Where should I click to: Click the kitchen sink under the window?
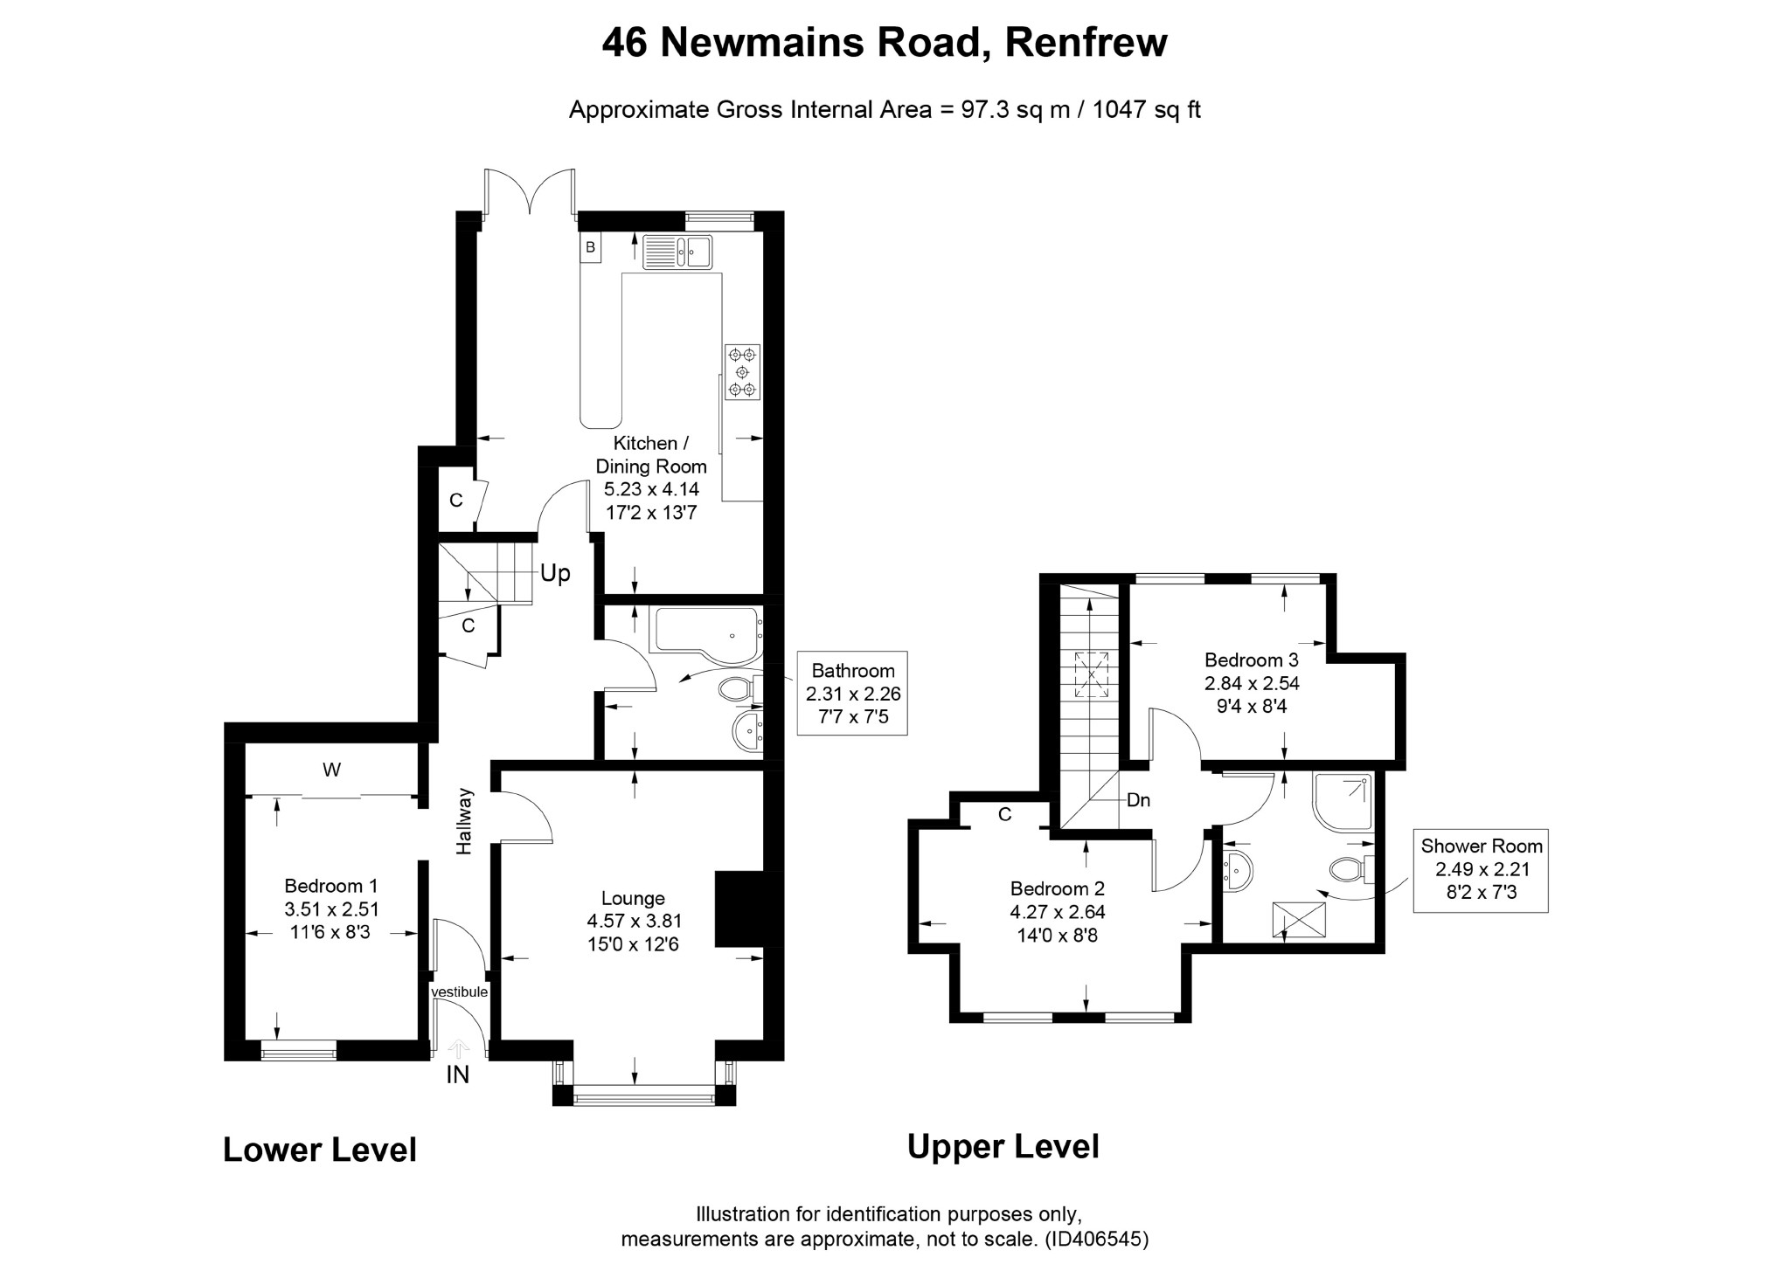[677, 252]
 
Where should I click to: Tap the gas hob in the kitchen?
[742, 372]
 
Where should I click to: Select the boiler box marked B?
[590, 247]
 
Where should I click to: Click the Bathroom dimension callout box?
[852, 694]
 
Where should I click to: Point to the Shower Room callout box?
[1480, 870]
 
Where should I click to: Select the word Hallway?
[464, 821]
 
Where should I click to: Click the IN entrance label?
[457, 1074]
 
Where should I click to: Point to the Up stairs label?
[555, 573]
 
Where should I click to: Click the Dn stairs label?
[1138, 799]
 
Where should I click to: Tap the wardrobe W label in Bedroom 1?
[331, 770]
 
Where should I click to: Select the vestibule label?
[459, 992]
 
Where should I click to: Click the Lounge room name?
[633, 898]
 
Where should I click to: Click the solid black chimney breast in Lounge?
[739, 908]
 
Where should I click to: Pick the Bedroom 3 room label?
[1251, 660]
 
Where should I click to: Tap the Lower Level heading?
[320, 1150]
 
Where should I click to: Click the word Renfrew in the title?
[1086, 42]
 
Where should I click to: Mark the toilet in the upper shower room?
[1349, 869]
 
